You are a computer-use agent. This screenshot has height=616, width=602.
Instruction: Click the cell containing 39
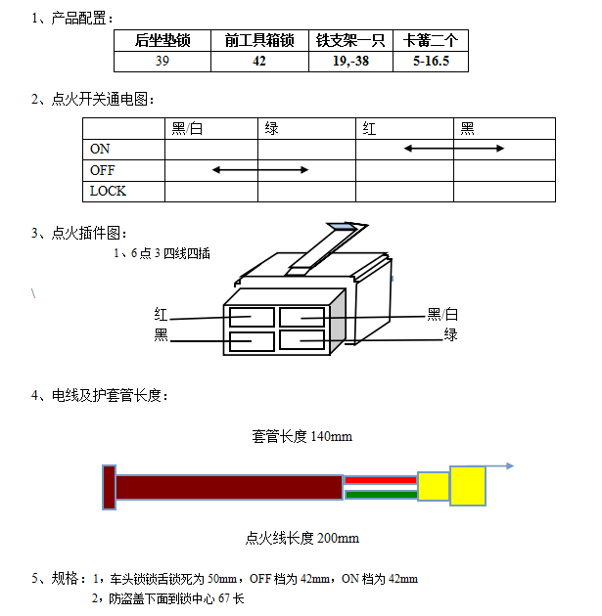click(162, 61)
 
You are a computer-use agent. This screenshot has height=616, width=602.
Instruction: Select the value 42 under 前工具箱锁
click(258, 61)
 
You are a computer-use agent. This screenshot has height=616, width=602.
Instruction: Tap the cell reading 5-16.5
click(430, 61)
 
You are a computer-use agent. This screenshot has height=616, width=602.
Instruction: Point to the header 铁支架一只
click(349, 40)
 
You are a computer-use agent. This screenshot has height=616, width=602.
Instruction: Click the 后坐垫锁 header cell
click(162, 40)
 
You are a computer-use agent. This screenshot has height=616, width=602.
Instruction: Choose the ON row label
click(100, 149)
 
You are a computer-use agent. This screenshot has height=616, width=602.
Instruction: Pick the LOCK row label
click(108, 191)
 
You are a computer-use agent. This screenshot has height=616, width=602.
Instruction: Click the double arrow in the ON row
click(454, 149)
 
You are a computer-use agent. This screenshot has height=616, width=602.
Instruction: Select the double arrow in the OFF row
click(260, 170)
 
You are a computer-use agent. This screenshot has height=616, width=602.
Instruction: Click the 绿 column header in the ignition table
click(271, 128)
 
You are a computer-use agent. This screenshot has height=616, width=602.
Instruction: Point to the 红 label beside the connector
click(162, 315)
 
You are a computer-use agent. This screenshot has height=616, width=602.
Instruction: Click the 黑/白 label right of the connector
click(442, 315)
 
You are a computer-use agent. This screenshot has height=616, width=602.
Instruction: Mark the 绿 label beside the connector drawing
click(450, 335)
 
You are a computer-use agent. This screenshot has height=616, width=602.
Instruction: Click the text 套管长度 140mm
click(301, 436)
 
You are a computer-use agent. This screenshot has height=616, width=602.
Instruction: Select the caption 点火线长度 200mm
click(301, 538)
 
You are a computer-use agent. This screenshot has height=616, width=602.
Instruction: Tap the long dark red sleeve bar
click(229, 487)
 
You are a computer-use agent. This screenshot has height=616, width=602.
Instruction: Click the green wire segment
click(381, 495)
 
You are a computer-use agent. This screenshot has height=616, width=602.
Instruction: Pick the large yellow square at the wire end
click(468, 486)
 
